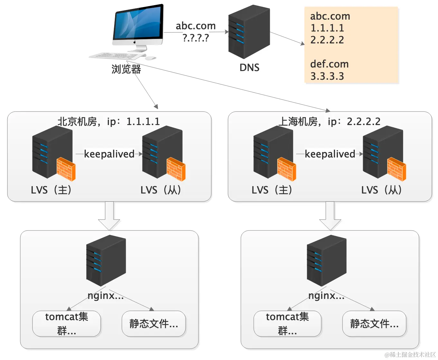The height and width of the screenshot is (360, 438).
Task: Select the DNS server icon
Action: tap(249, 32)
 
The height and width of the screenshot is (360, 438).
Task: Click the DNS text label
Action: tap(249, 67)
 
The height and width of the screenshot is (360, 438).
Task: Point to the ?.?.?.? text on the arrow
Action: tap(196, 38)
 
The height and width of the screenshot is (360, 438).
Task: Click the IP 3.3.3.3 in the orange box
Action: tap(327, 76)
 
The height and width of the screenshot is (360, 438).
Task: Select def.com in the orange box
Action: tap(329, 64)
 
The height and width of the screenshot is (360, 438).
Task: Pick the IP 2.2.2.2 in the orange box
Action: tap(327, 40)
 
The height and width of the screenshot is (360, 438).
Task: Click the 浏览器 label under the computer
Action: tap(126, 69)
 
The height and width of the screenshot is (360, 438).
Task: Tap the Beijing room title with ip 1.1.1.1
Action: tap(109, 122)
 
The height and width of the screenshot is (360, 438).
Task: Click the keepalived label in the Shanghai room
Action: tap(330, 154)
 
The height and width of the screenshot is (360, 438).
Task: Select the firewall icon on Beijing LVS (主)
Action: tap(66, 169)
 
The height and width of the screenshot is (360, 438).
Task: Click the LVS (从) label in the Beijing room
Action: tap(161, 190)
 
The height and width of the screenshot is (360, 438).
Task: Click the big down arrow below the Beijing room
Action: tap(109, 215)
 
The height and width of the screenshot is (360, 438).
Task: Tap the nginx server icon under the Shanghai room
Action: tap(326, 260)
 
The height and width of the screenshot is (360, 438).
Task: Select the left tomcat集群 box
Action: tap(67, 323)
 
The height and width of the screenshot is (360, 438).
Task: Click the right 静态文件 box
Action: tap(374, 323)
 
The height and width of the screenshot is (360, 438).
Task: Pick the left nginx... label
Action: tap(105, 295)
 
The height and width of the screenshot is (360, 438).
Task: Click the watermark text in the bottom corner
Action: tap(410, 355)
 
